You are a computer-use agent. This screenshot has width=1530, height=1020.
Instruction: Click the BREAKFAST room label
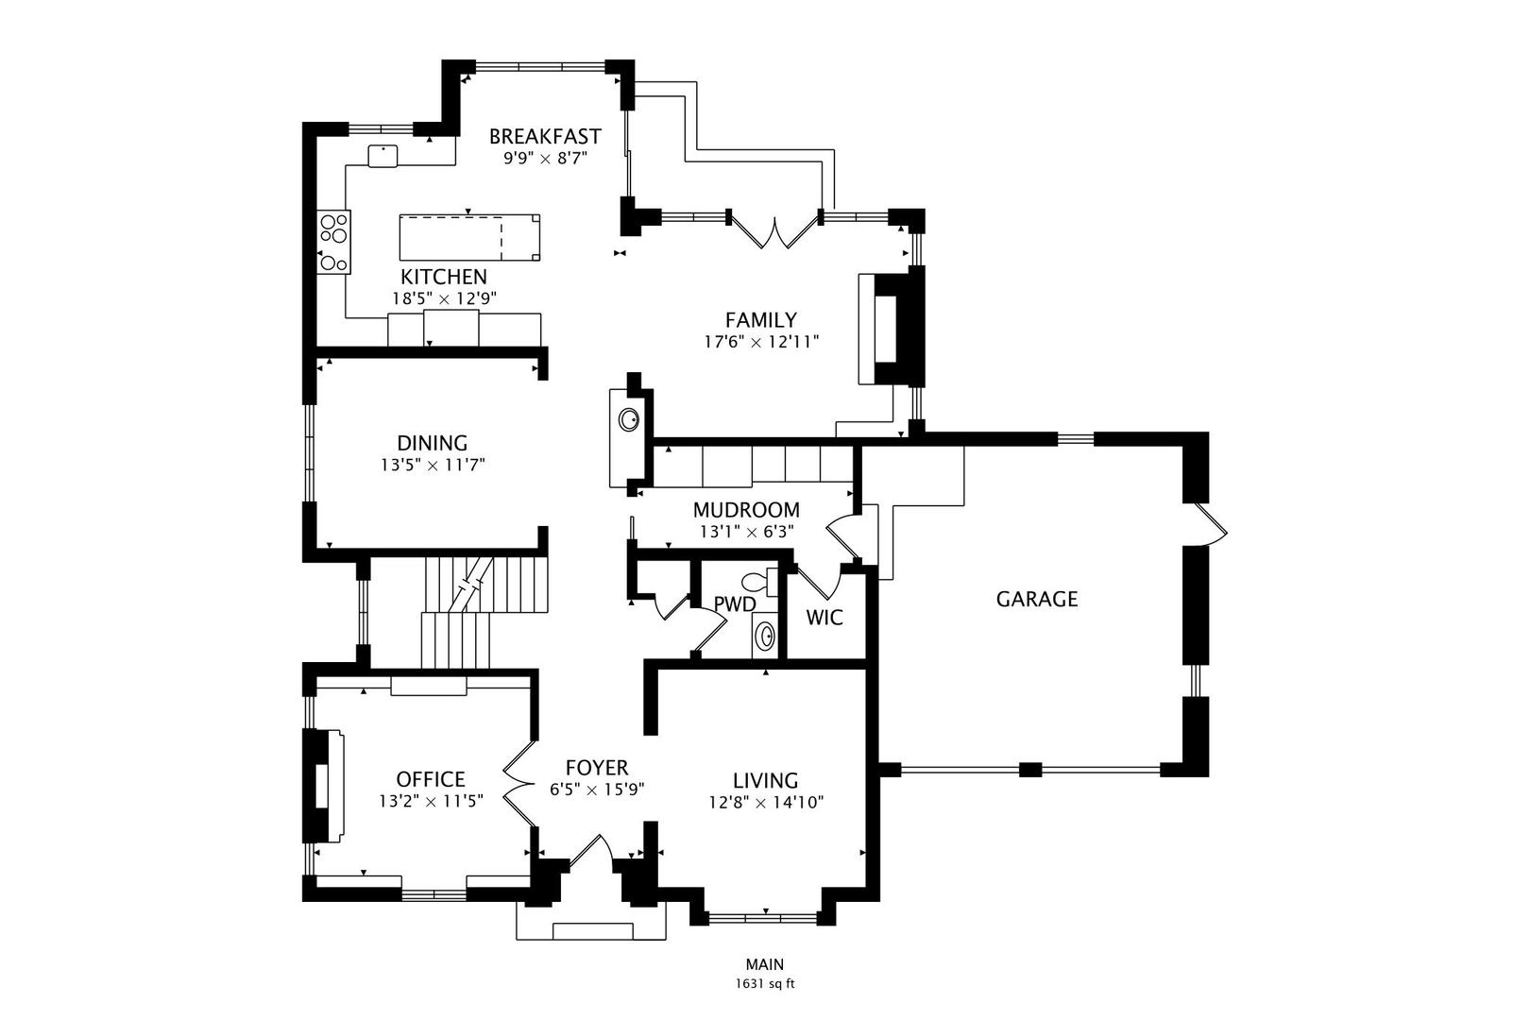(545, 136)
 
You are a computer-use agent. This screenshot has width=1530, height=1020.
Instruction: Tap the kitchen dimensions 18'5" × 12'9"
(444, 298)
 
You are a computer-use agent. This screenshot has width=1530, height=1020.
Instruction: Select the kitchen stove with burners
(334, 242)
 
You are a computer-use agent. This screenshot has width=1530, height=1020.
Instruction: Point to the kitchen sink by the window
(382, 156)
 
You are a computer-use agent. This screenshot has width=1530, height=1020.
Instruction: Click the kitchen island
(470, 237)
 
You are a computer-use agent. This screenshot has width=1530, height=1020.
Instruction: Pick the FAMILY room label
(761, 320)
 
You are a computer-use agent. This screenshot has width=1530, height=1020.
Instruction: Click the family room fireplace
(892, 329)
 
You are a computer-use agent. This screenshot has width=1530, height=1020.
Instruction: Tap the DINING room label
(433, 443)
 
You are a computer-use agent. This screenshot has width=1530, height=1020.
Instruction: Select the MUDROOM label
(746, 510)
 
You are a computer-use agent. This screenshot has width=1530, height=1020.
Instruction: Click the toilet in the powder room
(760, 582)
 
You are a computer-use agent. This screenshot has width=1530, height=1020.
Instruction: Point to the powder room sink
(765, 637)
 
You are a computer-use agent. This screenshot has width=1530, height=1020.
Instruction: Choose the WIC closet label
(824, 618)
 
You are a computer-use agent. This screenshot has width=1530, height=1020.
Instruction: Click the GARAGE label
(1037, 599)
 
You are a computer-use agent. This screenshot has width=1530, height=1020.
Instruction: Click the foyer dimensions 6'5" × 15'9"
(598, 789)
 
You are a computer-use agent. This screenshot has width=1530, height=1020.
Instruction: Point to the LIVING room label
(766, 780)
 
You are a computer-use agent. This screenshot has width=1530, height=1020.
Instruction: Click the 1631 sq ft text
(765, 984)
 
